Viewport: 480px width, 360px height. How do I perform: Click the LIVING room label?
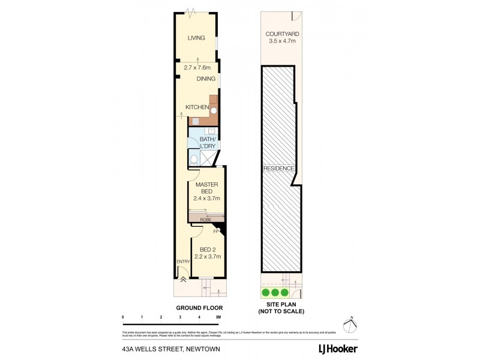[x=196, y=38]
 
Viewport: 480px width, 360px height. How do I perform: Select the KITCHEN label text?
[x=197, y=107]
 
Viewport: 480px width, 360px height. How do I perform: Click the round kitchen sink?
[x=213, y=110]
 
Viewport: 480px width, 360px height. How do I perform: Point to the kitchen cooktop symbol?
[x=196, y=120]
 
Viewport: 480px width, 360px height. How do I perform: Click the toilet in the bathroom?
[x=194, y=160]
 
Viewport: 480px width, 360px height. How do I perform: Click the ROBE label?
[x=206, y=220]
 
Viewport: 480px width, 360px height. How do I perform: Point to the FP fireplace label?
[x=216, y=231]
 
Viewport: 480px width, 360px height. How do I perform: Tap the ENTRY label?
[x=183, y=262]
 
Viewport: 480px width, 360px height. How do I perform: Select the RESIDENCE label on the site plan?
[x=279, y=169]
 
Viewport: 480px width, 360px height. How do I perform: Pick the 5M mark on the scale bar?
[x=218, y=316]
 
